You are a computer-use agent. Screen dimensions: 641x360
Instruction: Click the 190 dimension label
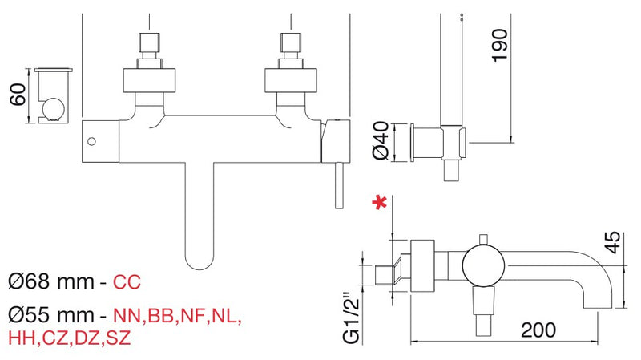[x=499, y=46]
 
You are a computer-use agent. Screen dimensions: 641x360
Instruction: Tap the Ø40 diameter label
[x=381, y=140]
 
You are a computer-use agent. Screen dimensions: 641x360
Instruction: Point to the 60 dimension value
[x=18, y=95]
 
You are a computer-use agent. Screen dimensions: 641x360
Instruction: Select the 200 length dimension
[x=538, y=330]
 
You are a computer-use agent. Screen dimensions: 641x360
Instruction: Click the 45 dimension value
[x=612, y=243]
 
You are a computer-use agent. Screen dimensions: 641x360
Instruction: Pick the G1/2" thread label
[x=352, y=318]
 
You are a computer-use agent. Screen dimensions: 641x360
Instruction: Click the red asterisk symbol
[x=380, y=203]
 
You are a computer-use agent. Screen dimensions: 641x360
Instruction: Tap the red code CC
[x=127, y=282]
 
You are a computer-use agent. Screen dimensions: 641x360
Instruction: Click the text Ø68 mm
[x=50, y=281]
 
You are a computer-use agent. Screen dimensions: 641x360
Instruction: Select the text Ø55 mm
[x=51, y=315]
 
